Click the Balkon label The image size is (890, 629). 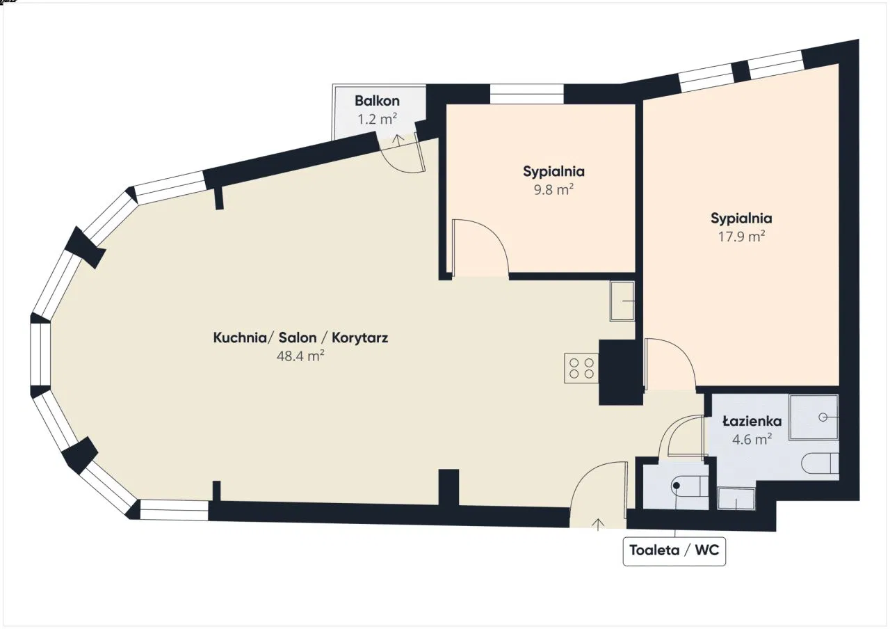[x=377, y=101]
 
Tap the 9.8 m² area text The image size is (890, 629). [x=553, y=190]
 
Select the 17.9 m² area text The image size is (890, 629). [x=741, y=237]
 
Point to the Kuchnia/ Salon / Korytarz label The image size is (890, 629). [x=300, y=337]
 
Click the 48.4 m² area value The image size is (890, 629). [x=300, y=356]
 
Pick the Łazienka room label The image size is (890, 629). [x=752, y=421]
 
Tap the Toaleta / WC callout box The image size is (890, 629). [x=674, y=551]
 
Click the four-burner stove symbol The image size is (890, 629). [x=581, y=368]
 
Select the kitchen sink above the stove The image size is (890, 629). [x=622, y=301]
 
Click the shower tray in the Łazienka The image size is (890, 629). [x=814, y=417]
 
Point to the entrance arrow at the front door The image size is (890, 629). [x=598, y=525]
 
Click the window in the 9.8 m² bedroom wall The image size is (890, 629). [x=527, y=94]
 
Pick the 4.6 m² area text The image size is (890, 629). [x=752, y=439]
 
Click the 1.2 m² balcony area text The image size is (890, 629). [x=377, y=119]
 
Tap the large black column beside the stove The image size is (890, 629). [x=620, y=372]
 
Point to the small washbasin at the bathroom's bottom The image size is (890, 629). [x=736, y=499]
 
